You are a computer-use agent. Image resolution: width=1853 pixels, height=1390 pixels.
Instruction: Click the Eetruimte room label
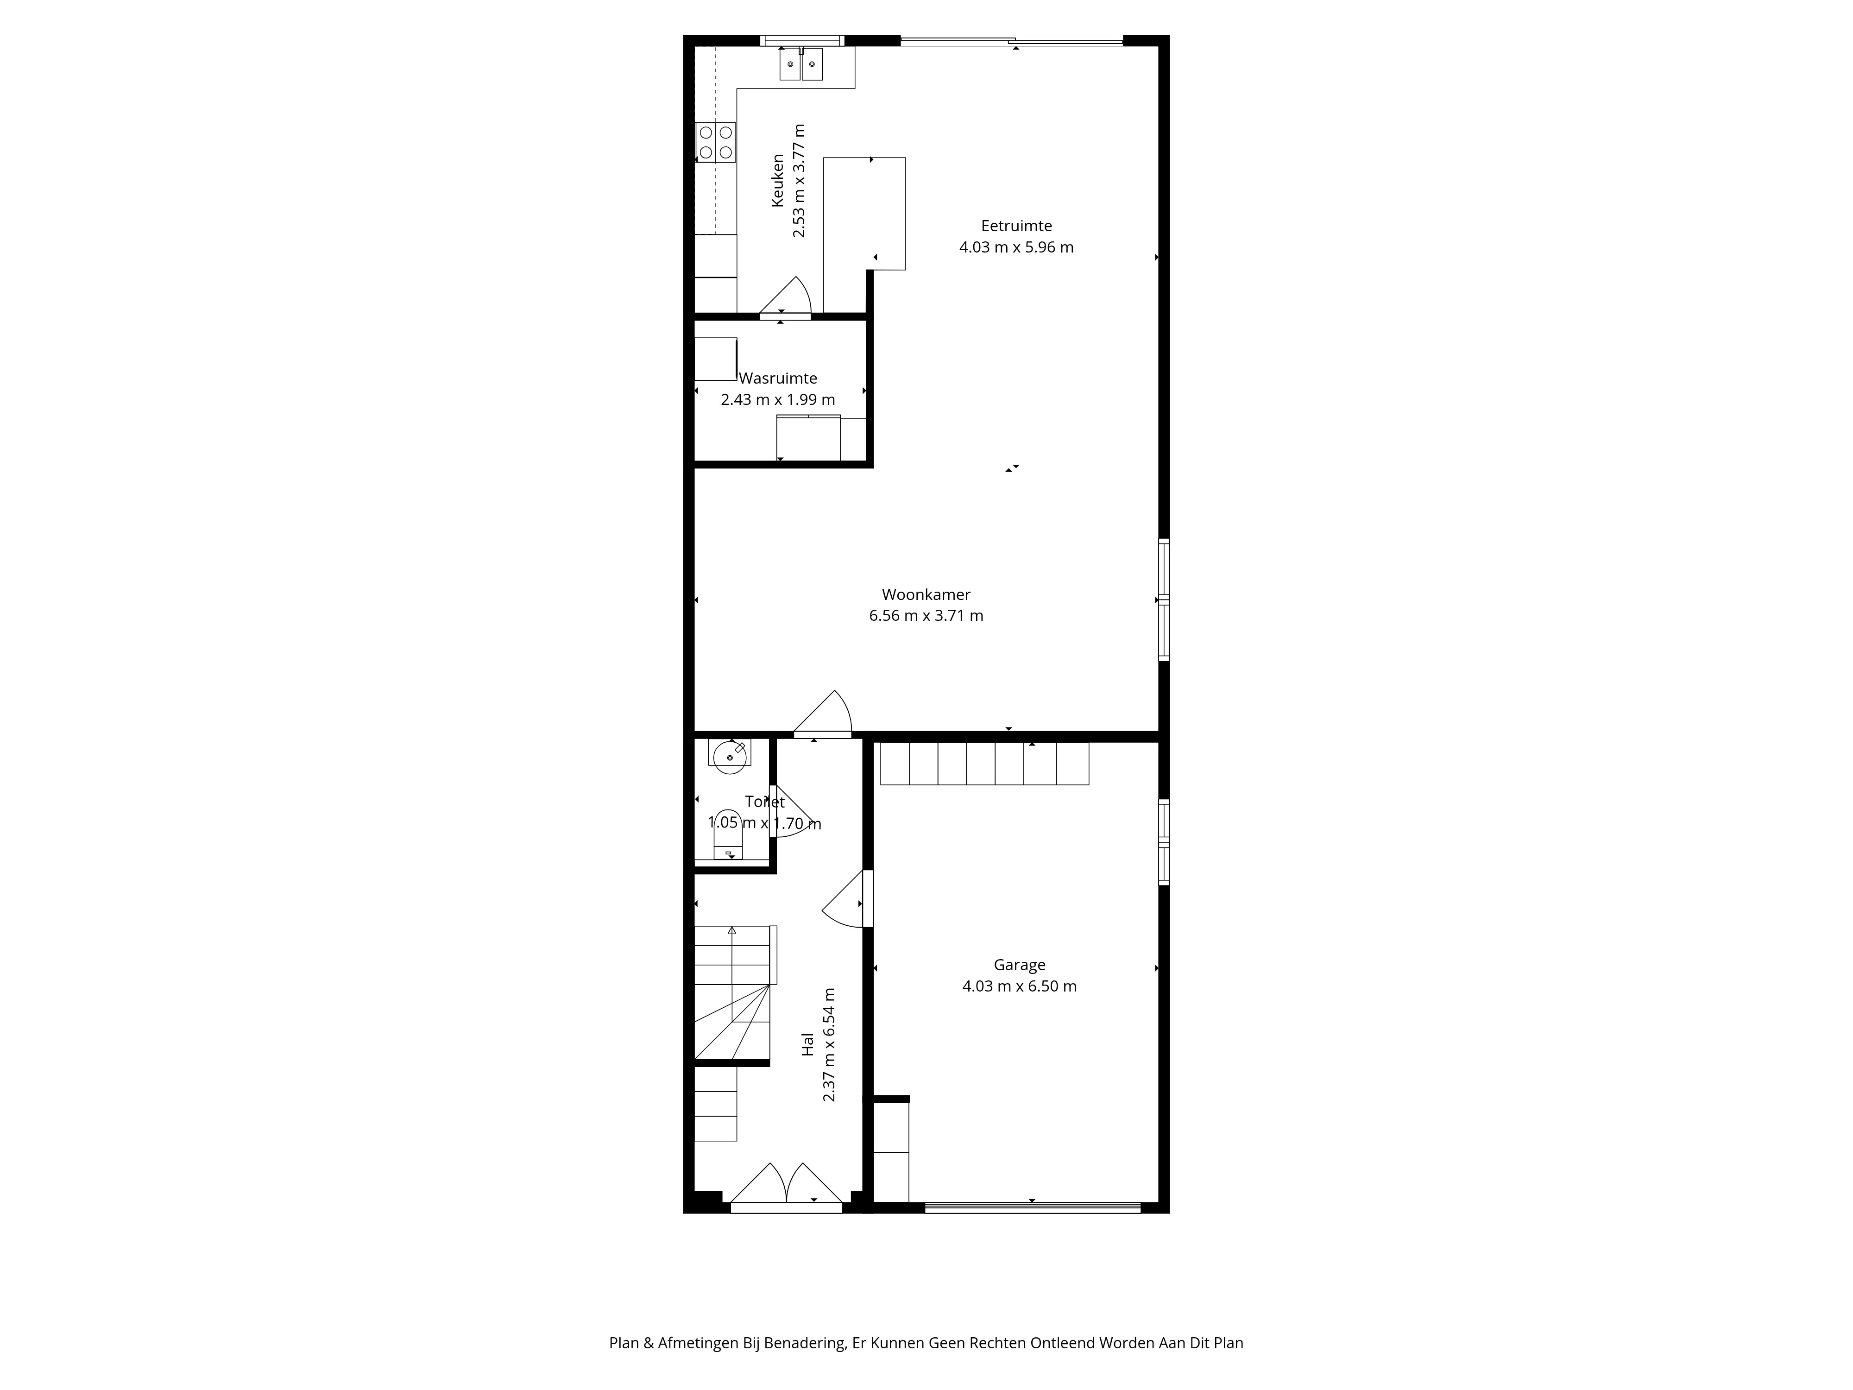[x=1016, y=225]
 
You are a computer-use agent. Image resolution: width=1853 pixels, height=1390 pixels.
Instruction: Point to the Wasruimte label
[x=778, y=378]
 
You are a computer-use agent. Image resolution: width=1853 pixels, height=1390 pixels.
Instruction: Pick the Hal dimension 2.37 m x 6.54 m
[x=829, y=1045]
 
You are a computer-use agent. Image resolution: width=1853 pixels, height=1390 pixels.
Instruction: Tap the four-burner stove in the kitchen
[x=715, y=142]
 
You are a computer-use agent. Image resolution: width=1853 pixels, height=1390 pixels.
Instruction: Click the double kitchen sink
[x=801, y=63]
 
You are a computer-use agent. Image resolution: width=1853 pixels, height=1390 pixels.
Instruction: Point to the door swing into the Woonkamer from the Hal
[x=823, y=714]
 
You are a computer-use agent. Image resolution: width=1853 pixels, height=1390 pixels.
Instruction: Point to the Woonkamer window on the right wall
[x=1164, y=600]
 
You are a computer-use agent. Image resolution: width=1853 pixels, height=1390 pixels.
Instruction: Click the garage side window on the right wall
[x=1164, y=842]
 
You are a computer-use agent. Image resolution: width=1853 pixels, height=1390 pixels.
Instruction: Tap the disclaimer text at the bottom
[x=926, y=1296]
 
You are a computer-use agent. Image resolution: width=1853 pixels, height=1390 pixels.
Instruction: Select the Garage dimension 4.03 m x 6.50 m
[x=1020, y=986]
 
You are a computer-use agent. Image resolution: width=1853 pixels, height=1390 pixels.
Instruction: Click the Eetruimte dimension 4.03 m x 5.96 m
[x=1016, y=247]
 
